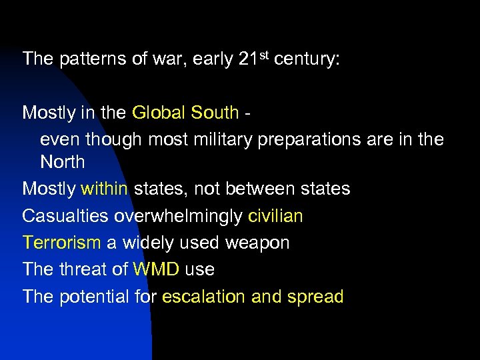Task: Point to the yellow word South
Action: (215, 112)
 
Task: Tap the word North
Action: (63, 162)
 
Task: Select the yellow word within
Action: (105, 189)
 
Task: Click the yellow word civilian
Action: (275, 216)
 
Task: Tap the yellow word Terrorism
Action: (61, 243)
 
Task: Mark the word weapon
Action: (257, 243)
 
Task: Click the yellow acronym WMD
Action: (156, 269)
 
